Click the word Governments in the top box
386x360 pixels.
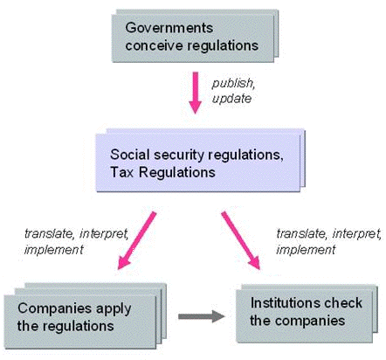169,28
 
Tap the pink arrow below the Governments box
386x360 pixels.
195,93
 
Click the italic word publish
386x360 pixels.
233,83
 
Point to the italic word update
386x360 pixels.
231,99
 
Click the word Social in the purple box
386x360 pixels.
130,154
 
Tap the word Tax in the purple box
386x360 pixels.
122,172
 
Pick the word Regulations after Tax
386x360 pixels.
177,172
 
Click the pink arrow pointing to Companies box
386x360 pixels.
137,240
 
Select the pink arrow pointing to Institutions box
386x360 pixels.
240,240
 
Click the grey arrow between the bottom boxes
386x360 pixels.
201,316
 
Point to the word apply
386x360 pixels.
114,309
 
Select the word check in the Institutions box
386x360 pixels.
343,302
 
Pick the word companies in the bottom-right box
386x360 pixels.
310,321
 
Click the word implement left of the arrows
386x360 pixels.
54,250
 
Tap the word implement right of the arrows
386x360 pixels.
306,250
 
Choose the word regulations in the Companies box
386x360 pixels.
77,326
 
